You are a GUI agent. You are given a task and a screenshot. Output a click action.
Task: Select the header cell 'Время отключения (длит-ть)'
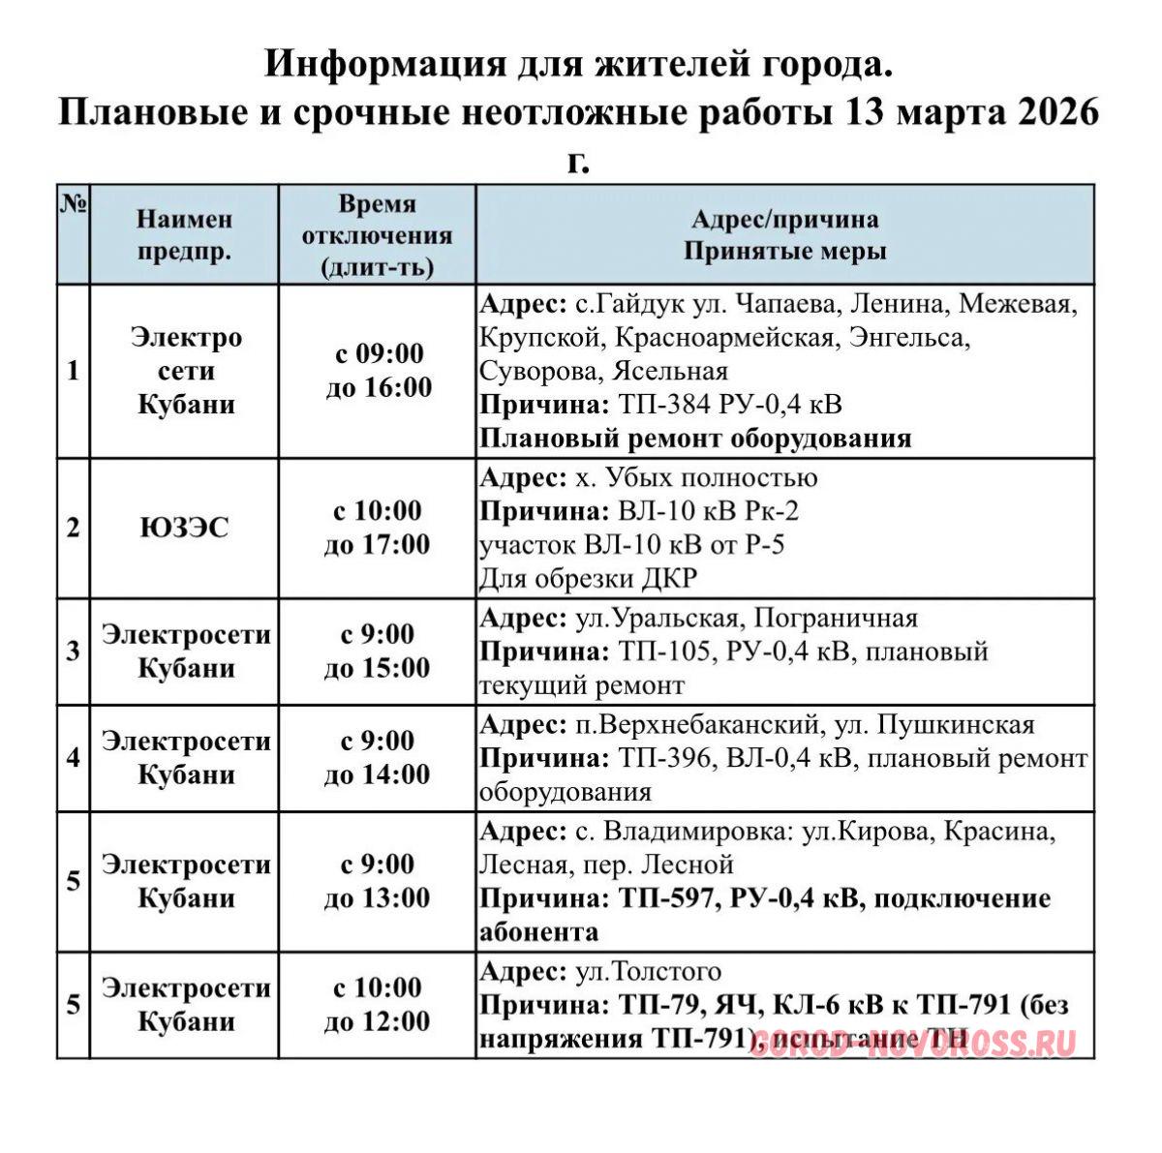coord(378,235)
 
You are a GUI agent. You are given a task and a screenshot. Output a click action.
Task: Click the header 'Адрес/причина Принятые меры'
coord(784,235)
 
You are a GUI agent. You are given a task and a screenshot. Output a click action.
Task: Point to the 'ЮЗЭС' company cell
coord(184,529)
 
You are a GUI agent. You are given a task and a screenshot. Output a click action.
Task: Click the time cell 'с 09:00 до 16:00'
coord(378,371)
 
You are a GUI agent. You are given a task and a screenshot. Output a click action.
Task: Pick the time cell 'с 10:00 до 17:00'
coord(378,528)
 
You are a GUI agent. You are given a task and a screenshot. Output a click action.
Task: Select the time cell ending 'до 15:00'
coord(378,652)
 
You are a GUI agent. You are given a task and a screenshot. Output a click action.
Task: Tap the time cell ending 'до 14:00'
coord(378,758)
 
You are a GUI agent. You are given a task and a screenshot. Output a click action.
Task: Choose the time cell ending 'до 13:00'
coord(378,881)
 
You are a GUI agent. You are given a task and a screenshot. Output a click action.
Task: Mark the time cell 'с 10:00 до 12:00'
coord(378,1005)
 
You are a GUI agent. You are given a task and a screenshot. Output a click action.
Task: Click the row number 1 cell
coord(74,371)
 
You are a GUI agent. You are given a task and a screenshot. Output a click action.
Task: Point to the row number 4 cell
coord(74,758)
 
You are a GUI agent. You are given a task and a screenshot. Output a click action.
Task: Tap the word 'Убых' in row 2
coord(642,477)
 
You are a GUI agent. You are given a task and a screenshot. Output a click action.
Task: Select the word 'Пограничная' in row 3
coord(836,618)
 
